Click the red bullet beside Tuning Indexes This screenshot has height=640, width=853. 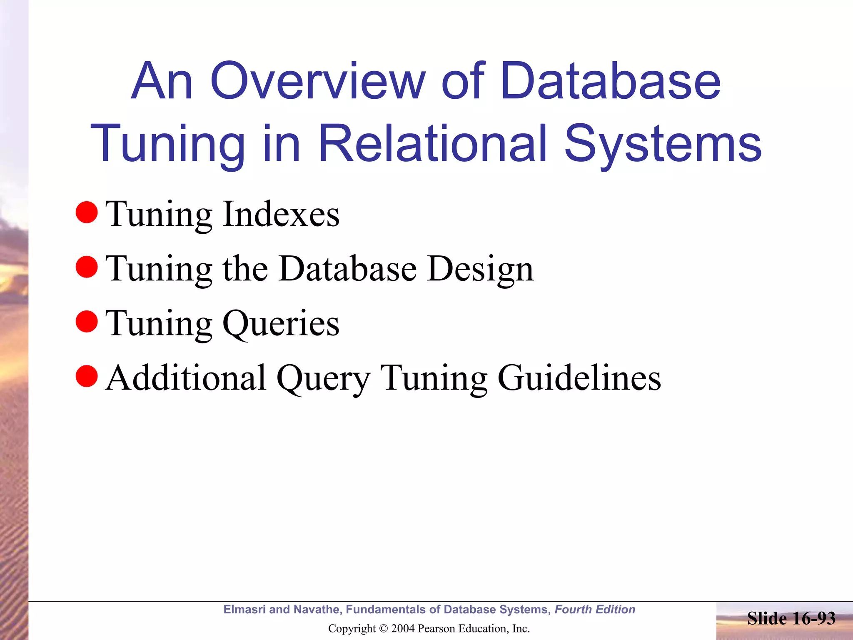point(87,212)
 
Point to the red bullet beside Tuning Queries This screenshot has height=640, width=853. point(87,322)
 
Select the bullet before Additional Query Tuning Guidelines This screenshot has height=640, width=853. point(87,376)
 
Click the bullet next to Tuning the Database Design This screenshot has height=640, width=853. point(87,267)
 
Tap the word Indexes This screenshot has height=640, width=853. point(281,214)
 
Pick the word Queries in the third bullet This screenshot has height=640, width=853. point(281,324)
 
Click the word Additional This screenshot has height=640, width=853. point(186,378)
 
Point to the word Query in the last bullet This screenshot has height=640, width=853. point(323,379)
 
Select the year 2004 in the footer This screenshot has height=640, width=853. point(403,629)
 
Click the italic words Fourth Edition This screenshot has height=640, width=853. point(595,610)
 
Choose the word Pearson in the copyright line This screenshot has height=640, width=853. point(434,629)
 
